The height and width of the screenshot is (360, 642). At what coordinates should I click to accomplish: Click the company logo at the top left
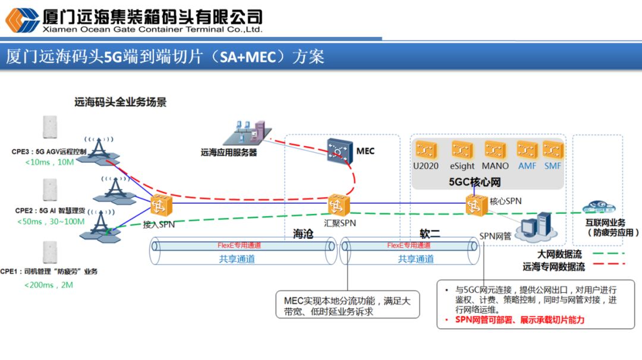(22, 21)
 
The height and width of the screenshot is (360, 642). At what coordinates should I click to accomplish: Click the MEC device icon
(339, 151)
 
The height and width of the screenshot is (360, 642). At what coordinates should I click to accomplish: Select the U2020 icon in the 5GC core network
(426, 150)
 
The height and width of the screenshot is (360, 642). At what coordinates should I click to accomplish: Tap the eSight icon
(462, 150)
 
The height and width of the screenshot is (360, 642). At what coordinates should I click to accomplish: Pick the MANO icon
(495, 150)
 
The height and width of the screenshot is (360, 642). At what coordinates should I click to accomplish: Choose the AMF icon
(527, 150)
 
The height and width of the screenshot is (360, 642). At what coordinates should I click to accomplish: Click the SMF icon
(553, 150)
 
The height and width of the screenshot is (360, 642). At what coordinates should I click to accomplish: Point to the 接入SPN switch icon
(160, 206)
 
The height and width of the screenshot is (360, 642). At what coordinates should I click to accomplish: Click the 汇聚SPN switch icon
(339, 205)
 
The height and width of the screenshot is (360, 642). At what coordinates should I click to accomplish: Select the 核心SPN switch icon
(477, 203)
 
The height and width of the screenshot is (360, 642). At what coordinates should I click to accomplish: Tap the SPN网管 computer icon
(536, 226)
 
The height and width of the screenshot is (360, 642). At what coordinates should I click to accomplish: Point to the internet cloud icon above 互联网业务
(600, 207)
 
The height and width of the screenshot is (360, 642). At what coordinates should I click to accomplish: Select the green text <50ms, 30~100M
(51, 222)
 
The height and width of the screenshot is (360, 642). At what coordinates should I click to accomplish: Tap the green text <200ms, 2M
(49, 285)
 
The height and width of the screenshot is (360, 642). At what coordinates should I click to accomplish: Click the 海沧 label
(303, 234)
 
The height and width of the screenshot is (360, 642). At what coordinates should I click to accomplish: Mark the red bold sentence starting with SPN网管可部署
(520, 320)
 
